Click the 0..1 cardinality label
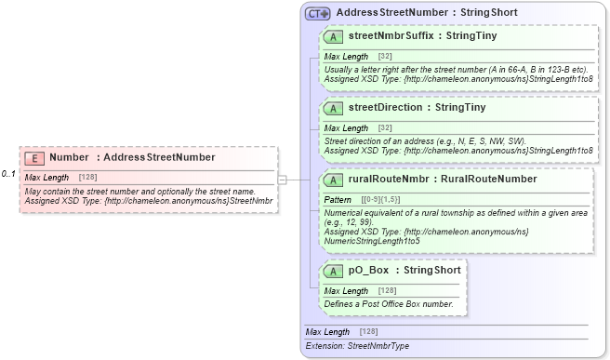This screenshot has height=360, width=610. [x=8, y=174]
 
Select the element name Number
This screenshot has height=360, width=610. [x=69, y=157]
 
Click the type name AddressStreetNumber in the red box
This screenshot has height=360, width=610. [x=159, y=157]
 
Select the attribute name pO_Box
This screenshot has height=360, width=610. [x=368, y=271]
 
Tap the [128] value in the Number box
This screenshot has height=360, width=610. [x=88, y=177]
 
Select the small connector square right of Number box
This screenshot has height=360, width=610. [x=283, y=179]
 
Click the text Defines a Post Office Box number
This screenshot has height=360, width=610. [x=388, y=303]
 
